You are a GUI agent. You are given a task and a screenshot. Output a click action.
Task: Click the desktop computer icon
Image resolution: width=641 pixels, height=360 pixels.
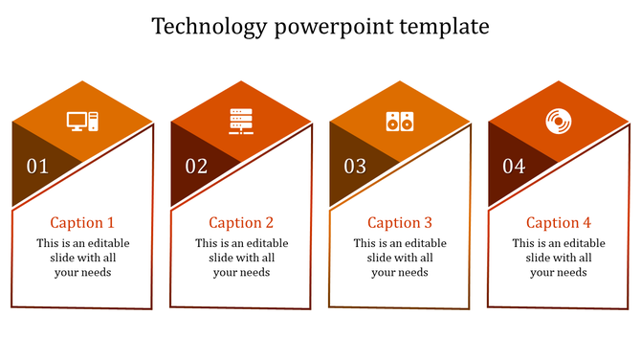coord(82,121)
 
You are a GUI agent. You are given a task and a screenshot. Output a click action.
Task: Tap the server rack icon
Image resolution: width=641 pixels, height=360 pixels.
coord(241,122)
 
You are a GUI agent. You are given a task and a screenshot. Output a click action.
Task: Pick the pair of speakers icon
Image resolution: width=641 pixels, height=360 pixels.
coord(400,122)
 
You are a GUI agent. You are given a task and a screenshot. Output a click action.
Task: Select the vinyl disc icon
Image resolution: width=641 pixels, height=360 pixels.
coord(558,121)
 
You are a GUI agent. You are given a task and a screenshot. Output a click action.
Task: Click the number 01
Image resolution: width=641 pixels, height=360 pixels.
coord(37,167)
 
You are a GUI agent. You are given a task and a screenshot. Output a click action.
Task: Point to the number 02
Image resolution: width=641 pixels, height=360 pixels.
coord(196,167)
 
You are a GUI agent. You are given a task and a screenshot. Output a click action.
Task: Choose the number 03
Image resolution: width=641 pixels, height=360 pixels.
coord(355,167)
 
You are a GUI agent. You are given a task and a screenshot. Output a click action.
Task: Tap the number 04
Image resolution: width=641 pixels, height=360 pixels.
coord(514,167)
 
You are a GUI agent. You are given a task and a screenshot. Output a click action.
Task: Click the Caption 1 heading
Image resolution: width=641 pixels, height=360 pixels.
coord(82,222)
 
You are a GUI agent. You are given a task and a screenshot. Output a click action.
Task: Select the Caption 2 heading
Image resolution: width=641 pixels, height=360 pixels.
coord(241,222)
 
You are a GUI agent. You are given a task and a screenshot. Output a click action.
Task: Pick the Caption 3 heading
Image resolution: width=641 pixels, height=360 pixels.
coord(400,222)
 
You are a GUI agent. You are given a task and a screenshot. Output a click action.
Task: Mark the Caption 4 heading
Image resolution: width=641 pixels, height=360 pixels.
coord(559,222)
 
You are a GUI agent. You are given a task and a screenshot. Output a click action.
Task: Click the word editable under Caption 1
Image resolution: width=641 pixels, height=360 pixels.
coord(105,243)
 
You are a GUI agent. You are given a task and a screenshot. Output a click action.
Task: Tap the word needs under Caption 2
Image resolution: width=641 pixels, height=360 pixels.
coord(254,272)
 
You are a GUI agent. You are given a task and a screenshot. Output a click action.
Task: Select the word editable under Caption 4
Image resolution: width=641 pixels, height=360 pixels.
coord(582,243)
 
